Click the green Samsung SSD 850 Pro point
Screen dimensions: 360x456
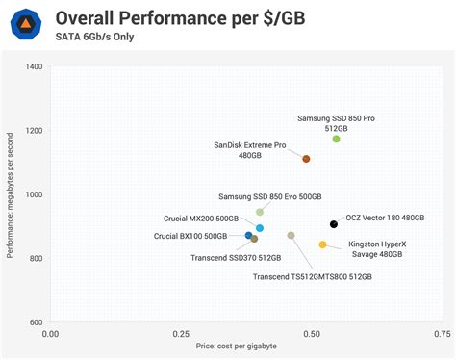point(336,140)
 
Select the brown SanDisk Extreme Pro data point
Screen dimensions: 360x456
point(306,159)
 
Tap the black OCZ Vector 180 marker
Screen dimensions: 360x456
point(334,224)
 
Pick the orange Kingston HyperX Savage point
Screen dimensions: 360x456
point(323,244)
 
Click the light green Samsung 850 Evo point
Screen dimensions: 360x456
point(260,212)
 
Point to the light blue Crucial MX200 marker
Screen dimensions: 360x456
point(260,228)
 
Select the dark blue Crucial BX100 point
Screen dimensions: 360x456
point(248,236)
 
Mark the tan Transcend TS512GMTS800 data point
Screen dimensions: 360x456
point(291,236)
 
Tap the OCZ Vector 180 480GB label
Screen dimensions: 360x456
point(385,218)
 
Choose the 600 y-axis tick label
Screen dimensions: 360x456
point(36,322)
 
